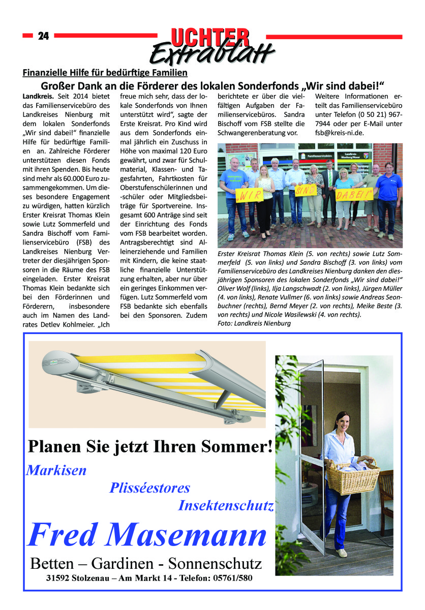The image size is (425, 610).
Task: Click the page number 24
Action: [43, 36]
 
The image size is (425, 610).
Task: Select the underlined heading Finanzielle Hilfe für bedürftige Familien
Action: [105, 73]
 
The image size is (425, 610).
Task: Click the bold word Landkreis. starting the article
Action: [39, 96]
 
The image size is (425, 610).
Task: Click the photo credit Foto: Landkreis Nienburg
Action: [254, 323]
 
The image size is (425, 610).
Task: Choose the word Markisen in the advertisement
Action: [56, 470]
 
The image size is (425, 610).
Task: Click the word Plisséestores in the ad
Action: [150, 488]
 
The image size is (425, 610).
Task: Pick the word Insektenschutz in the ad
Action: [226, 506]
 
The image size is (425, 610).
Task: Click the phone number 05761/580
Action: [231, 578]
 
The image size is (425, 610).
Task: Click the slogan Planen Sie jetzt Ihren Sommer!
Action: [150, 447]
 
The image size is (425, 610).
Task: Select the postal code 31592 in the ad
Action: [57, 578]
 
